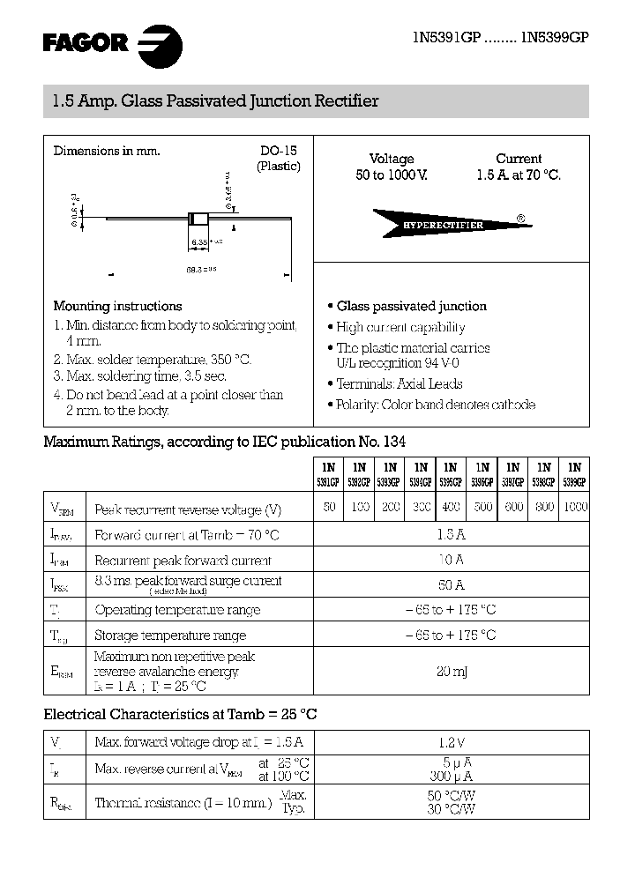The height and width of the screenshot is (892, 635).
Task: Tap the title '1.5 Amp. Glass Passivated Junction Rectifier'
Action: (212, 101)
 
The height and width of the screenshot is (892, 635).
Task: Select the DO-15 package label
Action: (279, 151)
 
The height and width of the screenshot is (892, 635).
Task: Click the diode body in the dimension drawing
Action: (198, 219)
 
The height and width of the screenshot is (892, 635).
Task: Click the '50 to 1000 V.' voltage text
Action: (392, 175)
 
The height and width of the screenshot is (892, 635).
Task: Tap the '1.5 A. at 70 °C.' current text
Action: (519, 175)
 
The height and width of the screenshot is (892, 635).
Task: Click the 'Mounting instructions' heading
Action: (117, 306)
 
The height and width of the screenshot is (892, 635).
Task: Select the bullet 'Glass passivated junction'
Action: (411, 306)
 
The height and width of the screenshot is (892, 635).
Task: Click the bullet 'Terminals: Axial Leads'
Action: (399, 383)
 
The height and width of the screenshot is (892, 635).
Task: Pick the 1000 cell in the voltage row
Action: (574, 508)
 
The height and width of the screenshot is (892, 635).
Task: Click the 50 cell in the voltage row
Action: (329, 508)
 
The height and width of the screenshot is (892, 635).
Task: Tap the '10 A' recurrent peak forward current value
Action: (451, 560)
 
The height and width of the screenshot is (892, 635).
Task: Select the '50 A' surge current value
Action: (451, 584)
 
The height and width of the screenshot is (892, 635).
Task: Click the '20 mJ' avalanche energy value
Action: (451, 672)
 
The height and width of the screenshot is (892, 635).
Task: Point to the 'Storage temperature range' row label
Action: (170, 636)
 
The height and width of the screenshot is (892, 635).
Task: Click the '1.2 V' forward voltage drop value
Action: (451, 743)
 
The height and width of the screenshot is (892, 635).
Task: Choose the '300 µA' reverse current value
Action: (451, 777)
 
